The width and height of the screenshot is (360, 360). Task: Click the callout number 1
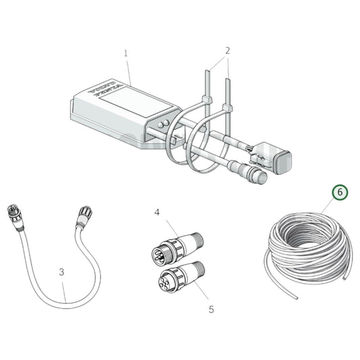click(x=126, y=52)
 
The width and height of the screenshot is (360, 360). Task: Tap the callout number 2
click(x=227, y=50)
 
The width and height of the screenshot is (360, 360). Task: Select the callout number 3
click(x=61, y=273)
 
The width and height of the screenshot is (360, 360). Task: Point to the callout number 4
click(x=157, y=213)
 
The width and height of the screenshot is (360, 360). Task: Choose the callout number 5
click(x=211, y=309)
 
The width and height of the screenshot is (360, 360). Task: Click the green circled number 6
click(x=341, y=192)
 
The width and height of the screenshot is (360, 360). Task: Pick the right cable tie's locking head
click(x=228, y=108)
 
